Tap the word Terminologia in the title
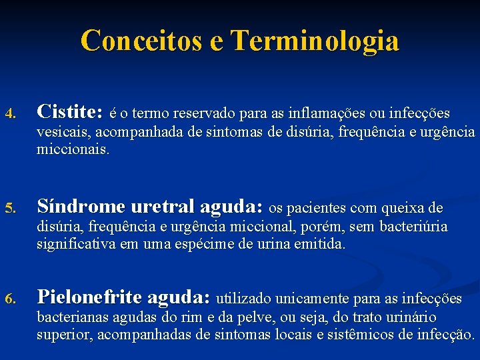click(x=315, y=41)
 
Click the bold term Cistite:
click(x=70, y=110)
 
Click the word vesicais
click(x=62, y=132)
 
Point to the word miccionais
click(x=73, y=149)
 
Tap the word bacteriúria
click(x=413, y=227)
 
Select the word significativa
click(x=77, y=244)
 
